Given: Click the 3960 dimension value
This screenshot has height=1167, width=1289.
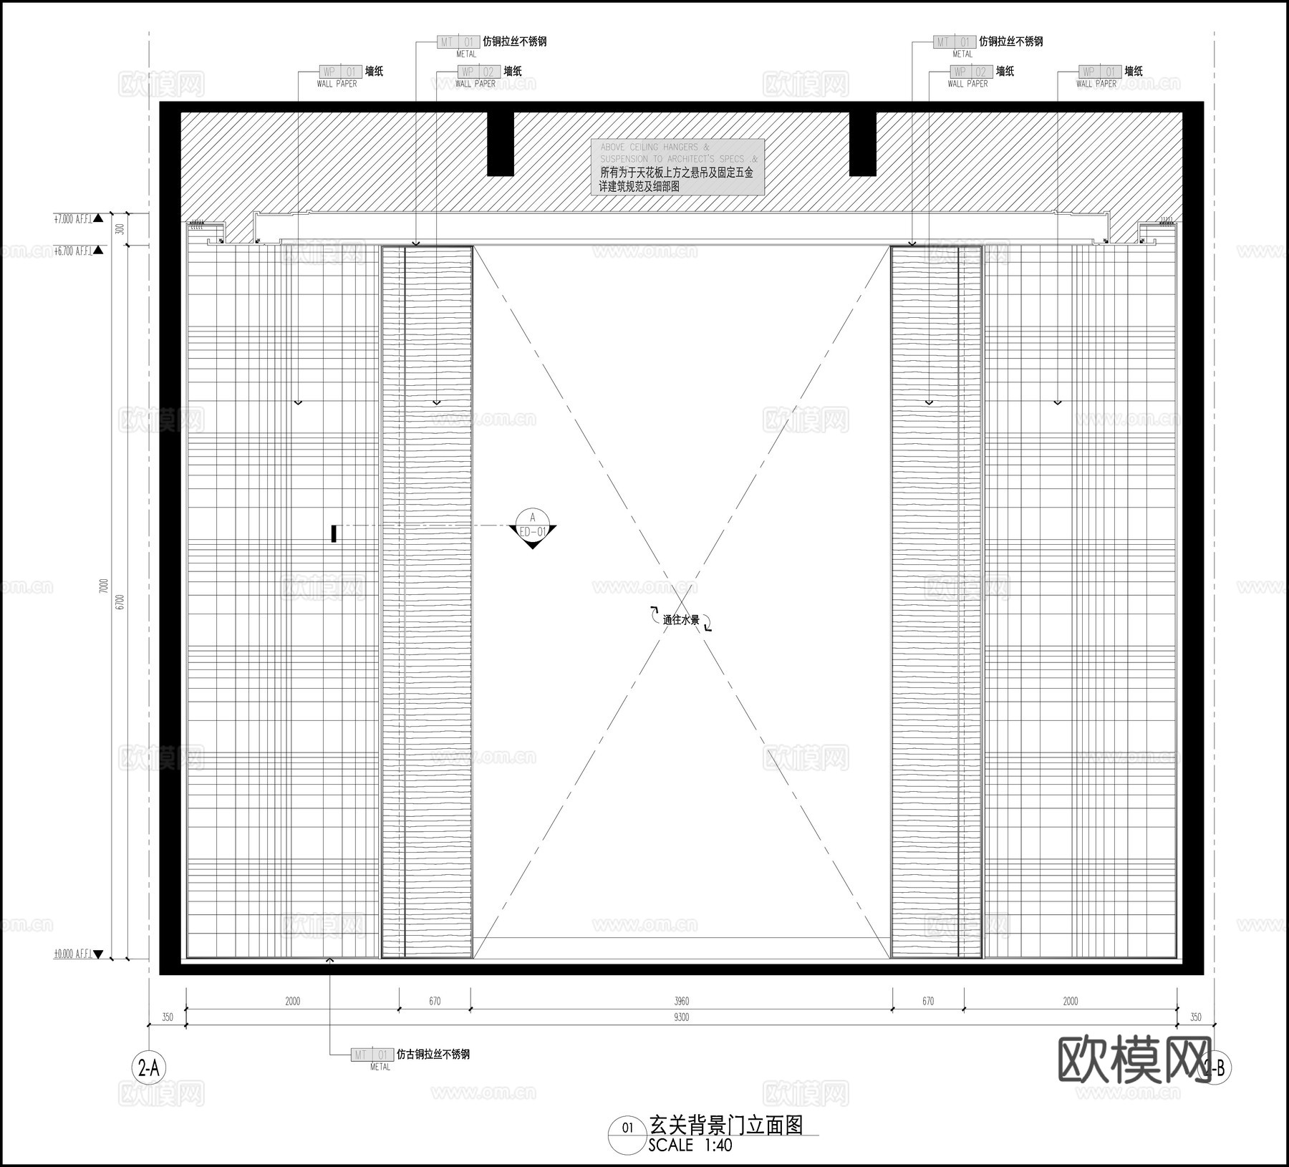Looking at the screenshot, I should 681,1001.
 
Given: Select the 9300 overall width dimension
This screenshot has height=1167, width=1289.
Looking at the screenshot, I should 681,1017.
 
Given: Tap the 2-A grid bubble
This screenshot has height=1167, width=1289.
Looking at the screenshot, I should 148,1068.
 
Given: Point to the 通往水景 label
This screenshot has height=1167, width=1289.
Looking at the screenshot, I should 680,620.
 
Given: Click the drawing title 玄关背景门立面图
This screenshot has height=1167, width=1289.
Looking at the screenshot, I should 725,1125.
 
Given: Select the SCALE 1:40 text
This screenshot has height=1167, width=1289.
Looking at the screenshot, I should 690,1145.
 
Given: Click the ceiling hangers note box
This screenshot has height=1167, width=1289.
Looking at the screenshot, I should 677,167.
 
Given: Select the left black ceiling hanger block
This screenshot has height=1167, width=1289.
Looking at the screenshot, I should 501,143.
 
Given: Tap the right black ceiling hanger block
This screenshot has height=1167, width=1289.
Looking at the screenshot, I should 862,143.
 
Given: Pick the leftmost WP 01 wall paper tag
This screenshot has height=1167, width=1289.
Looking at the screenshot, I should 340,72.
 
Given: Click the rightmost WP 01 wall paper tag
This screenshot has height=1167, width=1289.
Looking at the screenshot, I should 1100,72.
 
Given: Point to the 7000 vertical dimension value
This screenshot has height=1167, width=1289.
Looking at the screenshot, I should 103,587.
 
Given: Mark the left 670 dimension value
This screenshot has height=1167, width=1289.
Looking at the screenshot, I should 435,1001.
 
